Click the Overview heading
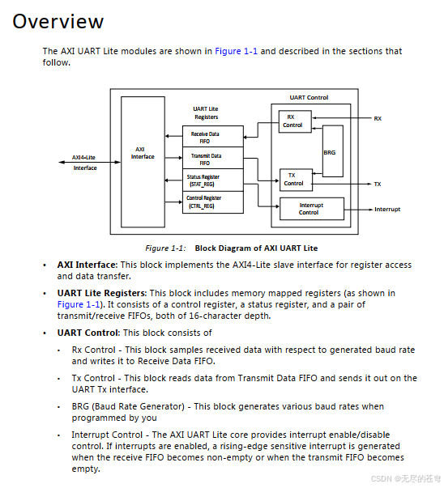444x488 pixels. coord(58,22)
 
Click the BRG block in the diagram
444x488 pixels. coord(333,151)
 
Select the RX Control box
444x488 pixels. coord(295,121)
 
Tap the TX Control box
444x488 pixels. coord(296,180)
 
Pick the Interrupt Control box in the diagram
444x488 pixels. coord(312,209)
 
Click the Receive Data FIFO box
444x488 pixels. coord(213,136)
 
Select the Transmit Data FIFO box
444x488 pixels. coord(213,158)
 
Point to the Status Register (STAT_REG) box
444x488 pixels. coord(213,180)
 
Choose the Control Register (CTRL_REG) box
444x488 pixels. coord(213,202)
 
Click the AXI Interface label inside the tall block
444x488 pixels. coord(143,153)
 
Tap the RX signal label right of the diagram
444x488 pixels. coord(378,119)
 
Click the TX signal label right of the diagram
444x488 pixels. coord(378,185)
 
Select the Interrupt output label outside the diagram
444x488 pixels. coord(387,209)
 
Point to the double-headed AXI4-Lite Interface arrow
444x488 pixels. coord(90,162)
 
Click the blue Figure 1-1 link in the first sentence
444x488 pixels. coord(236,51)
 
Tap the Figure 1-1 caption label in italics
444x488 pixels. coord(165,248)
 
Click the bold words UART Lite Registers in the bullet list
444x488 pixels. coord(101,293)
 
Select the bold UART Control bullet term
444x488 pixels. coord(88,333)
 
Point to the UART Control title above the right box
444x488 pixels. coord(309,97)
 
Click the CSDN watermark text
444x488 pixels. coord(406,478)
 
